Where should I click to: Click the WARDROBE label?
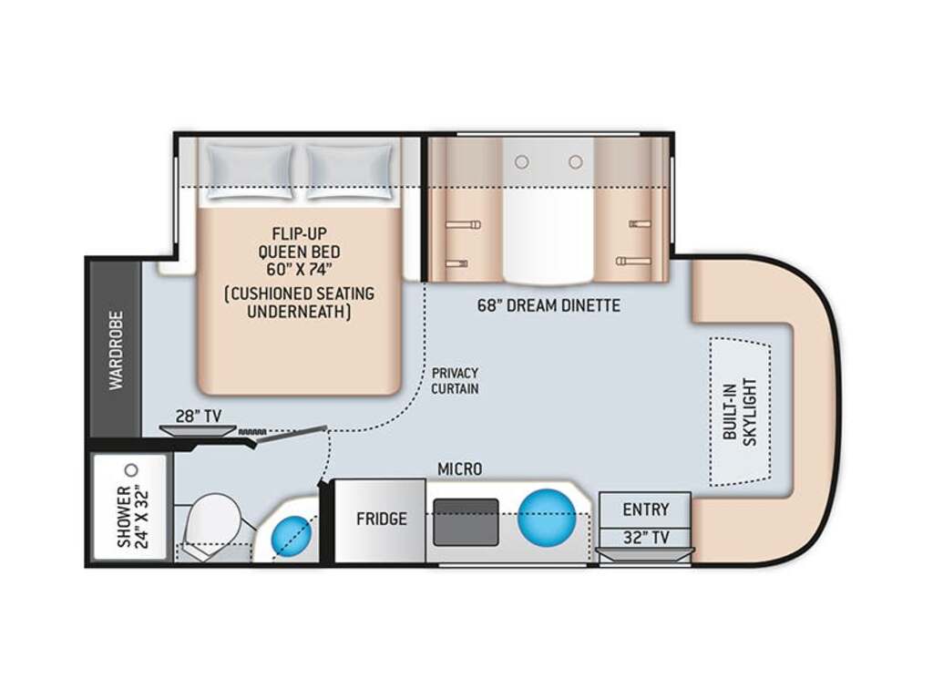[x=116, y=350]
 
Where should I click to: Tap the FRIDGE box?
[x=381, y=520]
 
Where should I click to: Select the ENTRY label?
[x=646, y=510]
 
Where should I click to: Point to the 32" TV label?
[x=646, y=538]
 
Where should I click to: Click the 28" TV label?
[x=199, y=416]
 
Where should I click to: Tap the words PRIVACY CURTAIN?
[x=456, y=381]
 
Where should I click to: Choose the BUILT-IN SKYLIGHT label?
[x=740, y=412]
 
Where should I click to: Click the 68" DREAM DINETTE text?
[x=549, y=306]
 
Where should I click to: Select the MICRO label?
[x=460, y=469]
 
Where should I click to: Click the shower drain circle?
[x=132, y=470]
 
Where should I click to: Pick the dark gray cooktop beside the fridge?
[x=466, y=522]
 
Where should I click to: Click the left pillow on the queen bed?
[x=250, y=171]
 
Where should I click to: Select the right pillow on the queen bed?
[x=350, y=171]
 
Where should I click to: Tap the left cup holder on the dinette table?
[x=522, y=162]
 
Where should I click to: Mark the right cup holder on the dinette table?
[x=575, y=162]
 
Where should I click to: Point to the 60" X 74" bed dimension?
[x=299, y=270]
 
